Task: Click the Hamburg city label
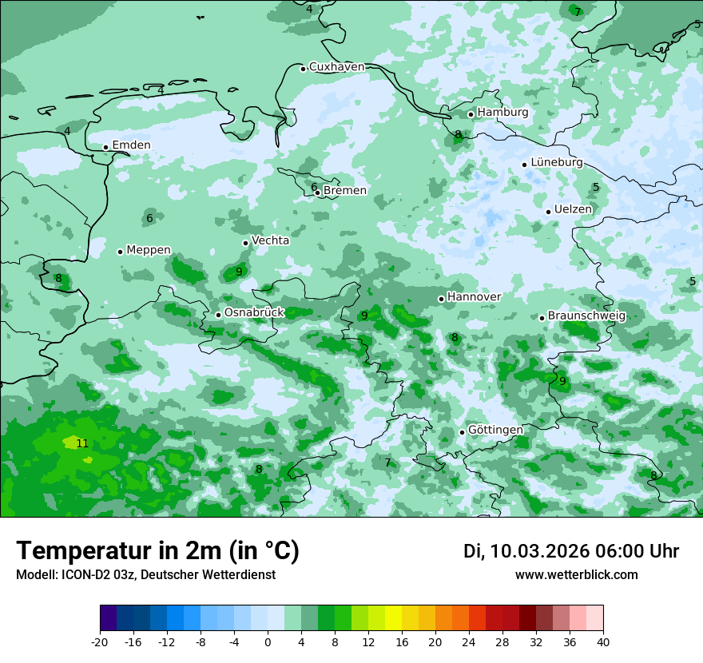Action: click(x=502, y=113)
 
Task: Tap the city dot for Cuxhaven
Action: click(x=304, y=69)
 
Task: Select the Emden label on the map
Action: click(x=131, y=145)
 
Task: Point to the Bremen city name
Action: click(x=345, y=191)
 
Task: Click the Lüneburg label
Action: click(x=557, y=163)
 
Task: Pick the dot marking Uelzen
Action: click(x=549, y=212)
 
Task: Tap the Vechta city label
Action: click(x=271, y=240)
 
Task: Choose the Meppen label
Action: click(x=149, y=250)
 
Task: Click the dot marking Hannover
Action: click(x=441, y=299)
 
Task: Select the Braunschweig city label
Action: click(x=586, y=316)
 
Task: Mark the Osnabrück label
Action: click(x=254, y=313)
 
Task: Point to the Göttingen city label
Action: click(x=495, y=431)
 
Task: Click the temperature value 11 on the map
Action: click(x=82, y=443)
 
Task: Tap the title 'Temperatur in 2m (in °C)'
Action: click(x=158, y=551)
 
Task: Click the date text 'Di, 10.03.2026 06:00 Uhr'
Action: click(x=571, y=551)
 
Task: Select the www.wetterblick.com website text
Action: click(x=577, y=575)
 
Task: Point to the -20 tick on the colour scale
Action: click(x=100, y=642)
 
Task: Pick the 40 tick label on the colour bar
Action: click(x=603, y=642)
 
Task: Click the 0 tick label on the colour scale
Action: click(x=268, y=642)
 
